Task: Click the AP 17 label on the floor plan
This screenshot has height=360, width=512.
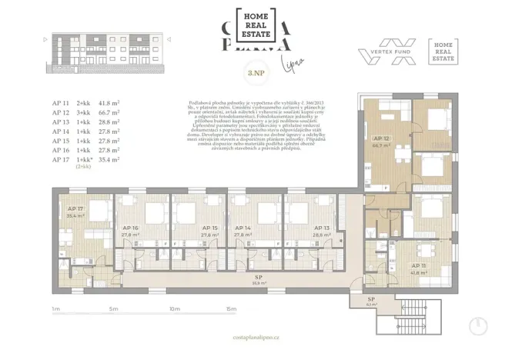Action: [x=75, y=208]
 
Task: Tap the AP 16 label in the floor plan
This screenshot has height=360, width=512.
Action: [x=129, y=228]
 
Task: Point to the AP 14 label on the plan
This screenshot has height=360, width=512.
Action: [x=243, y=228]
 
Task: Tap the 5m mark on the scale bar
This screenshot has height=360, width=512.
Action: [x=114, y=308]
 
